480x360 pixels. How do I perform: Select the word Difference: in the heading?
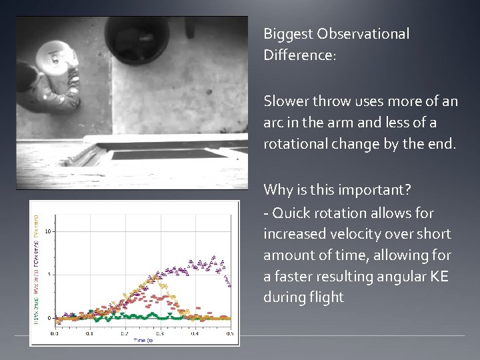pyautogui.click(x=300, y=55)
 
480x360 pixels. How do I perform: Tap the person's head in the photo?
pyautogui.click(x=25, y=74)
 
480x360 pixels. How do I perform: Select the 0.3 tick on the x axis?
pyautogui.click(x=159, y=333)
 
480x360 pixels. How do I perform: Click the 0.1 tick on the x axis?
pyautogui.click(x=89, y=333)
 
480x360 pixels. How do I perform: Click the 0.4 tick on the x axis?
pyautogui.click(x=195, y=333)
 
